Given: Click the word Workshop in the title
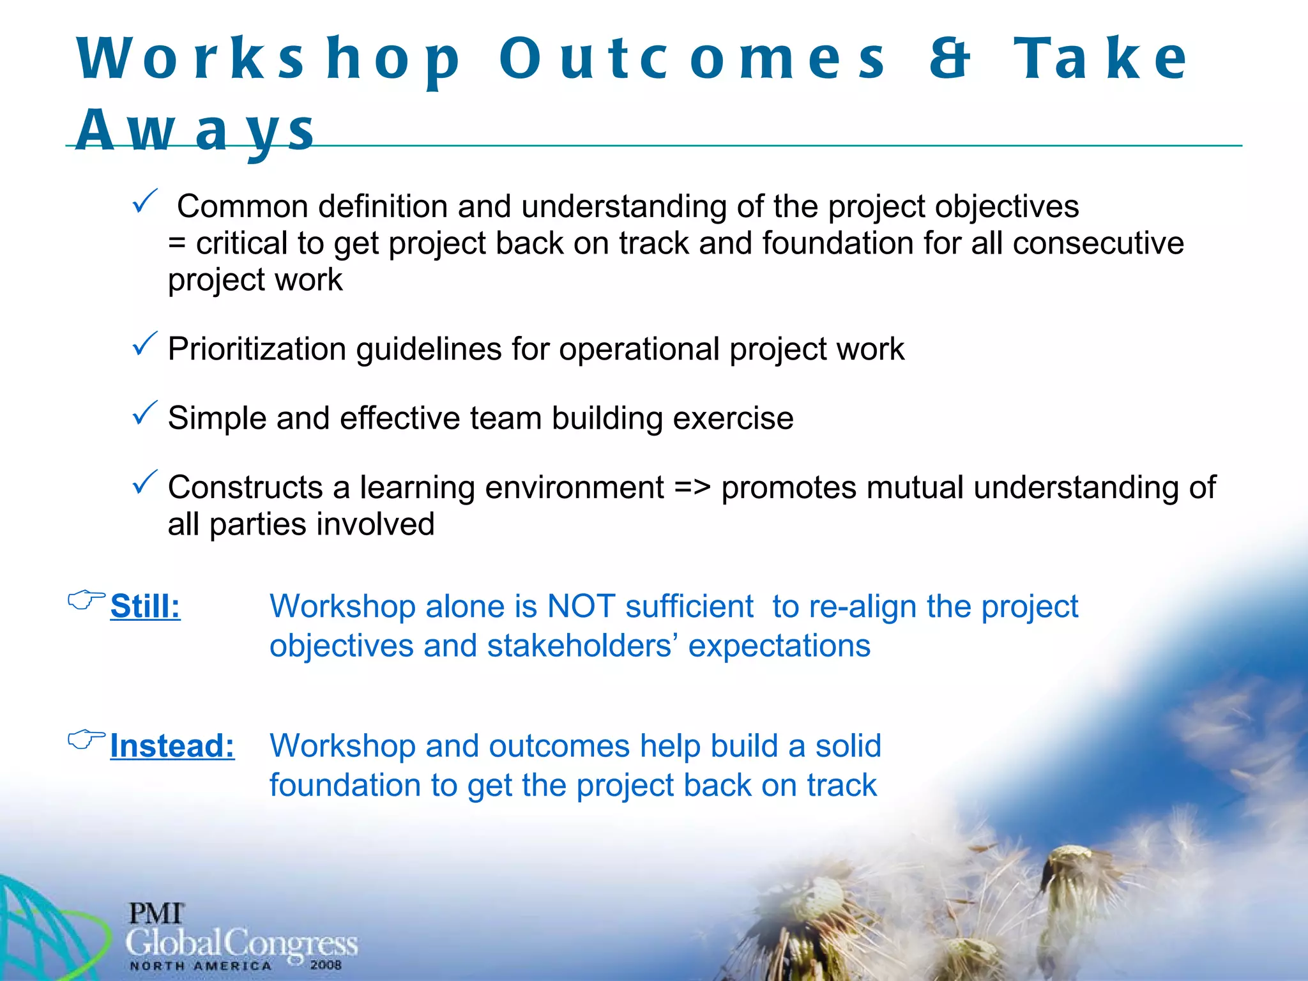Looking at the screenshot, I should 268,59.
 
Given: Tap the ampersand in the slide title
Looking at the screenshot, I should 950,59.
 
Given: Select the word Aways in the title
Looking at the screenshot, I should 195,130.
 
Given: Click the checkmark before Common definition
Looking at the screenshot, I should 144,202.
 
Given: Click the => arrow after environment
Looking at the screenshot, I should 692,488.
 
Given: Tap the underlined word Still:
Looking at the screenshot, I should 145,606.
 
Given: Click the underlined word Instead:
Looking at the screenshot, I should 172,745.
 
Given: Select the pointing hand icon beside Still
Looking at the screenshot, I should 86,600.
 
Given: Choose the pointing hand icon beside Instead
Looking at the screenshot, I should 86,739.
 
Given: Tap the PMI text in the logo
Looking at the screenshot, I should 156,914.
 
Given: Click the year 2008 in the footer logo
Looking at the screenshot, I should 326,965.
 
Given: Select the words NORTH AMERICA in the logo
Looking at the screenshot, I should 201,966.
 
